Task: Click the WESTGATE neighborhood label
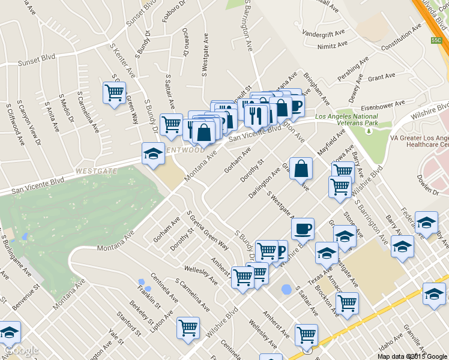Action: click(96, 171)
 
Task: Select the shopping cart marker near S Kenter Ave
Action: click(114, 93)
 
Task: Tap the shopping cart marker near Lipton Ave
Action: click(188, 328)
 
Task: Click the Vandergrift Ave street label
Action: click(324, 32)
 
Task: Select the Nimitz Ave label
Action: click(333, 45)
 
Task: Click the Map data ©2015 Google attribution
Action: click(412, 356)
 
